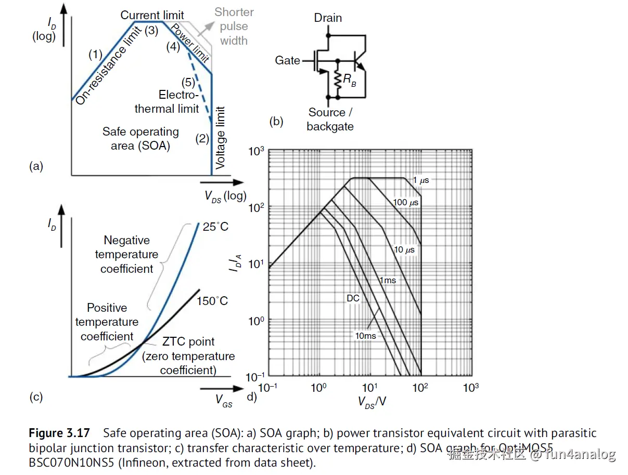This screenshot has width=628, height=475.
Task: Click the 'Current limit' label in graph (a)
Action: click(x=152, y=15)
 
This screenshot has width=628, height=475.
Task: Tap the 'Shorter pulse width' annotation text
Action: click(x=234, y=26)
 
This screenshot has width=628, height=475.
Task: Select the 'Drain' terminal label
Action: click(x=328, y=18)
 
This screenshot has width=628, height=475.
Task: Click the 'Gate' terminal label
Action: click(x=287, y=61)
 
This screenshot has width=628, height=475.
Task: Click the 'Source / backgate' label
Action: click(x=329, y=119)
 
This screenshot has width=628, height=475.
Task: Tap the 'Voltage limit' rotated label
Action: click(x=221, y=137)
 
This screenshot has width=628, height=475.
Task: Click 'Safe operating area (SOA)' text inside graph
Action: click(x=140, y=139)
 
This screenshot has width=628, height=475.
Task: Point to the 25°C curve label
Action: click(x=215, y=227)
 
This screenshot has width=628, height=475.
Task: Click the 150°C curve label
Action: click(x=212, y=301)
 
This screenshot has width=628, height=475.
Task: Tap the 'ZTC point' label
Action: click(x=188, y=341)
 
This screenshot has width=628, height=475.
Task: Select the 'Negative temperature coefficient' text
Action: click(x=126, y=254)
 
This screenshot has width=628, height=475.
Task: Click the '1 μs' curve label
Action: click(x=421, y=180)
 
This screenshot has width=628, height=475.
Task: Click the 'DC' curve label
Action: click(x=353, y=298)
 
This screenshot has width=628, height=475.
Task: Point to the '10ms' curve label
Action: click(x=365, y=336)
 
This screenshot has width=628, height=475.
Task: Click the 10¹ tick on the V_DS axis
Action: click(x=369, y=388)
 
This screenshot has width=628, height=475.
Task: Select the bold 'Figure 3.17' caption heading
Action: click(x=59, y=433)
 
